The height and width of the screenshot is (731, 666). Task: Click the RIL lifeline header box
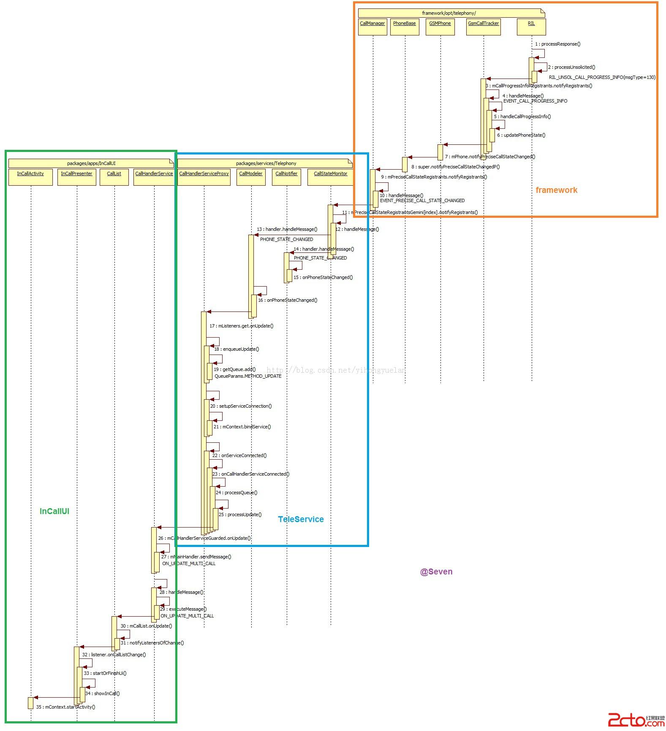pyautogui.click(x=531, y=27)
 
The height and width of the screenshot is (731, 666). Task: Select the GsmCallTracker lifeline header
pyautogui.click(x=484, y=27)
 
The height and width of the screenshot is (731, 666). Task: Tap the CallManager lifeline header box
pyautogui.click(x=372, y=27)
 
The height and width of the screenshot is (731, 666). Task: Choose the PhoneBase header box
pyautogui.click(x=405, y=27)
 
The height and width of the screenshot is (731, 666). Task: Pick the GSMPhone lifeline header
pyautogui.click(x=440, y=27)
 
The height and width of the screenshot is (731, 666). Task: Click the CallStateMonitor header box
pyautogui.click(x=330, y=177)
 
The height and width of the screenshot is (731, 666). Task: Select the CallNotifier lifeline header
pyautogui.click(x=286, y=177)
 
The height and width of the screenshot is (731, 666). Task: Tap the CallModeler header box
pyautogui.click(x=251, y=177)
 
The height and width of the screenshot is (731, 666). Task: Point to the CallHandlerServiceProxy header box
pyautogui.click(x=204, y=177)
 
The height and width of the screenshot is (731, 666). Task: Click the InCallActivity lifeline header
pyautogui.click(x=30, y=177)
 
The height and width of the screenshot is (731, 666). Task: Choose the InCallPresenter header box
pyautogui.click(x=76, y=177)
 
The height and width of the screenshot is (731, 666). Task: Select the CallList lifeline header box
pyautogui.click(x=114, y=177)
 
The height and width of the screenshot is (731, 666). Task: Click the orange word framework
pyautogui.click(x=556, y=190)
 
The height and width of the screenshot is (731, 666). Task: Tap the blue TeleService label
pyautogui.click(x=301, y=519)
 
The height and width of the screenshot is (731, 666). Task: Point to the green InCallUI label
pyautogui.click(x=54, y=511)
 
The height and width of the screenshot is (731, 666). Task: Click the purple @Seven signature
pyautogui.click(x=436, y=571)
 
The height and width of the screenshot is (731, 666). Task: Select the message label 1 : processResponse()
pyautogui.click(x=557, y=44)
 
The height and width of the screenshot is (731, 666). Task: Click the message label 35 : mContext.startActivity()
pyautogui.click(x=65, y=707)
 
